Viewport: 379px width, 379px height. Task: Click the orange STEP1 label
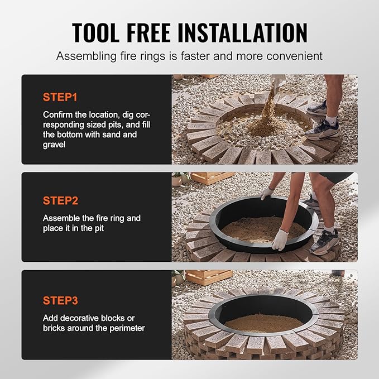coord(60,97)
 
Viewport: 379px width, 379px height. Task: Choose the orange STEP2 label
coord(60,199)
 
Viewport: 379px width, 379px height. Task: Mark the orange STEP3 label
coord(60,300)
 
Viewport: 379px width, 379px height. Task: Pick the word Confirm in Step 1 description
coord(59,114)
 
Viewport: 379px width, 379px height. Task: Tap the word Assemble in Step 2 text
coord(61,218)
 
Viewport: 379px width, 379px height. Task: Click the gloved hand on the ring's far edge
coord(267,193)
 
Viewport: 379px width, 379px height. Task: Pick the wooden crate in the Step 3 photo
coord(208,277)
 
